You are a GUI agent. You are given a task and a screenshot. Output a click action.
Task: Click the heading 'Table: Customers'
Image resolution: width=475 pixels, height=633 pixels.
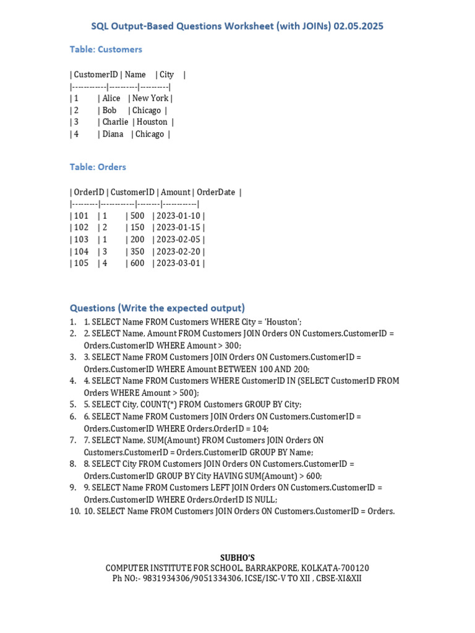tap(106, 49)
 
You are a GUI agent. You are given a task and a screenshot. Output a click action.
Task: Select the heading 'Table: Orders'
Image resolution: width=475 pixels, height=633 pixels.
tap(98, 167)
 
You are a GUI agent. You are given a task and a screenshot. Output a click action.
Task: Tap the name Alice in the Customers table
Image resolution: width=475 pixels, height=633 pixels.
tap(111, 98)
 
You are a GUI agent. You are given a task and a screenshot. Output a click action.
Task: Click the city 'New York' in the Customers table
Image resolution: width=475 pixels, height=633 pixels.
tap(150, 98)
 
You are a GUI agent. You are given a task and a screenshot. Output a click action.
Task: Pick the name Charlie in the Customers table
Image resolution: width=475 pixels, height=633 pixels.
tap(116, 122)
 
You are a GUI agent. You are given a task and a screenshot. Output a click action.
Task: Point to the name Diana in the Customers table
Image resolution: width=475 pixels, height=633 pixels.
tap(113, 134)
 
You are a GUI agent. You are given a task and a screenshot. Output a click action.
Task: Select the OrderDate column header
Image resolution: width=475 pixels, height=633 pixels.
tap(216, 192)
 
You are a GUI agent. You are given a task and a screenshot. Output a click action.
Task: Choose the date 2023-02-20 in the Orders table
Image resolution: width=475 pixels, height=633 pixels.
tap(179, 252)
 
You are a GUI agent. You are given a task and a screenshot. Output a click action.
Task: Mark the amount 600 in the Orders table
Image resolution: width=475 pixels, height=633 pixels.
tap(137, 263)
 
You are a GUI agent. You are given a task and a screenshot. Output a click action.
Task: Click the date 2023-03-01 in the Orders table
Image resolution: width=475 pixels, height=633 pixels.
tap(179, 263)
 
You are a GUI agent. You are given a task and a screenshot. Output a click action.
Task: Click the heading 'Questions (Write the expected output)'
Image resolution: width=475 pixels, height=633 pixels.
tap(157, 308)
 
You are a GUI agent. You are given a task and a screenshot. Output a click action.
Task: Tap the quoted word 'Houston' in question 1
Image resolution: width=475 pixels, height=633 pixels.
tap(284, 322)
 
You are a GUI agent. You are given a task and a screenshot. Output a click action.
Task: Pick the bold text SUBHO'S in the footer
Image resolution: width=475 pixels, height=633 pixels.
tap(237, 558)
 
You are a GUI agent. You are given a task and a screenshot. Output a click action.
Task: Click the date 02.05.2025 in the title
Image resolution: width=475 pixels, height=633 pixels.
tap(359, 27)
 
